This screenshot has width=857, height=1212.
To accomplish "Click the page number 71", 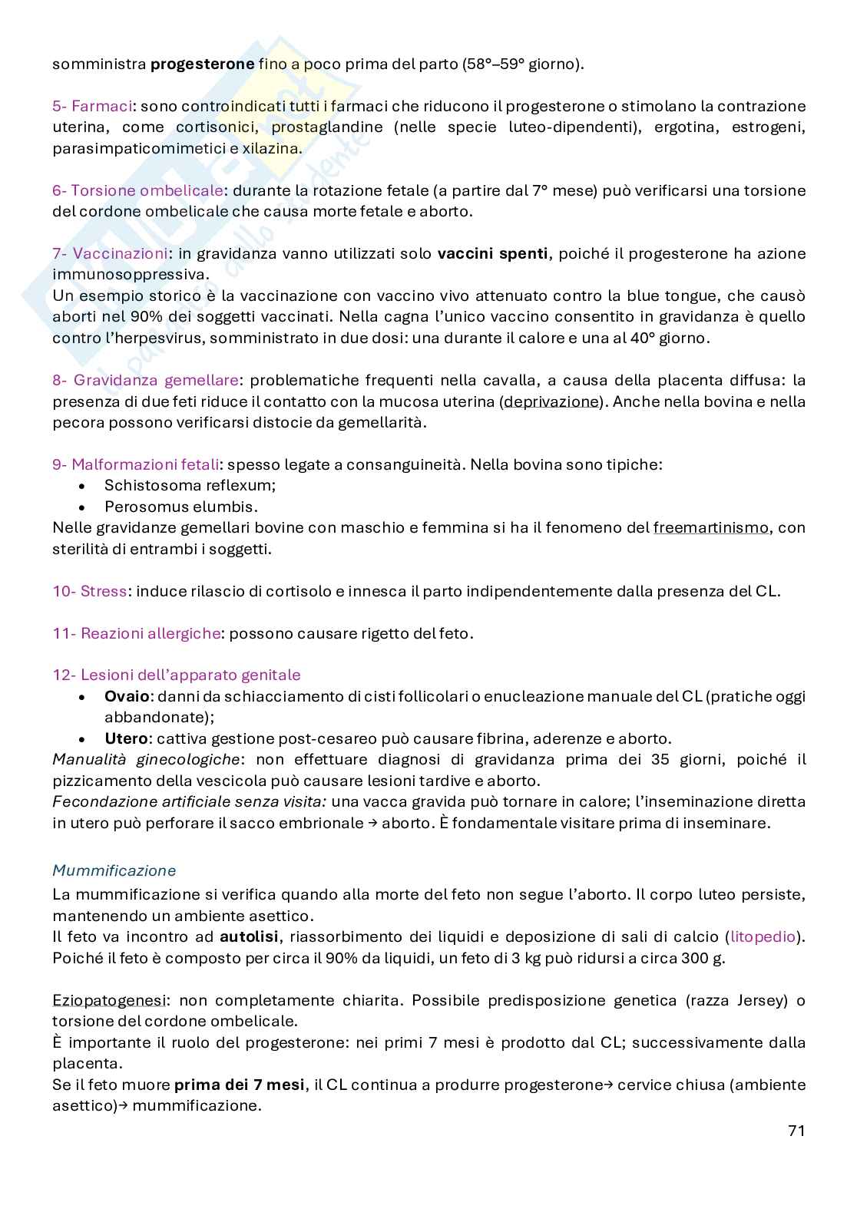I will click(796, 1131).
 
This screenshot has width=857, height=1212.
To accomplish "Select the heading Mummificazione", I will click(114, 870).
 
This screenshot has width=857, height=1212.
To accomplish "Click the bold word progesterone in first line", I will click(202, 64).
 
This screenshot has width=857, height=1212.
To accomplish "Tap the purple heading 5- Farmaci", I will click(92, 106).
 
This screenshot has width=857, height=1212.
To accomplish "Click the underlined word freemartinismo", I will click(710, 528).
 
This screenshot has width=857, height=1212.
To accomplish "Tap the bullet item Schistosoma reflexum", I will click(190, 485).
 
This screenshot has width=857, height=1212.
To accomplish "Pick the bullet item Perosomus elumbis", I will click(180, 507).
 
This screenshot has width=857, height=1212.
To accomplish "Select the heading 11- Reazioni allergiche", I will click(136, 633).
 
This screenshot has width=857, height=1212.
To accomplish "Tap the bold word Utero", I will click(125, 738).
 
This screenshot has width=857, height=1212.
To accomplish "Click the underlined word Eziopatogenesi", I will click(108, 1001).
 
